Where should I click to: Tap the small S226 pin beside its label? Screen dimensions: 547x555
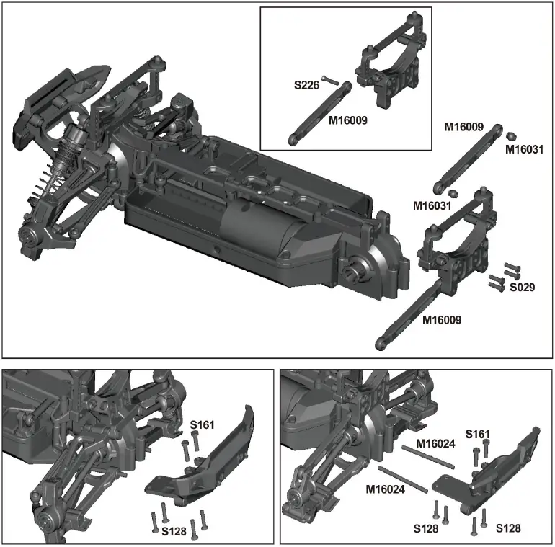click(330, 79)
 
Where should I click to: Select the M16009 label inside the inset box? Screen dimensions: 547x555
click(347, 121)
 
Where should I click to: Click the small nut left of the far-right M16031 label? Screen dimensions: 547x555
click(511, 135)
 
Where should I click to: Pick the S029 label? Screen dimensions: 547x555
click(522, 287)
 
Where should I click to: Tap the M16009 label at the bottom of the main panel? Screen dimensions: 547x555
click(442, 319)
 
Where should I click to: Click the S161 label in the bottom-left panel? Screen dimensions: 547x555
click(203, 426)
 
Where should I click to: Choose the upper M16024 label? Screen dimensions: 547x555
click(436, 443)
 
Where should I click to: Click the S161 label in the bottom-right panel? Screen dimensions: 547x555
click(477, 433)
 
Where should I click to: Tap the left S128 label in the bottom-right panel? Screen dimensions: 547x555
click(427, 529)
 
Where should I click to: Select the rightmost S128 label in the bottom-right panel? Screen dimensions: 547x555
click(509, 529)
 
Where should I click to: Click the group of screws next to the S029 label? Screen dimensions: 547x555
click(504, 275)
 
